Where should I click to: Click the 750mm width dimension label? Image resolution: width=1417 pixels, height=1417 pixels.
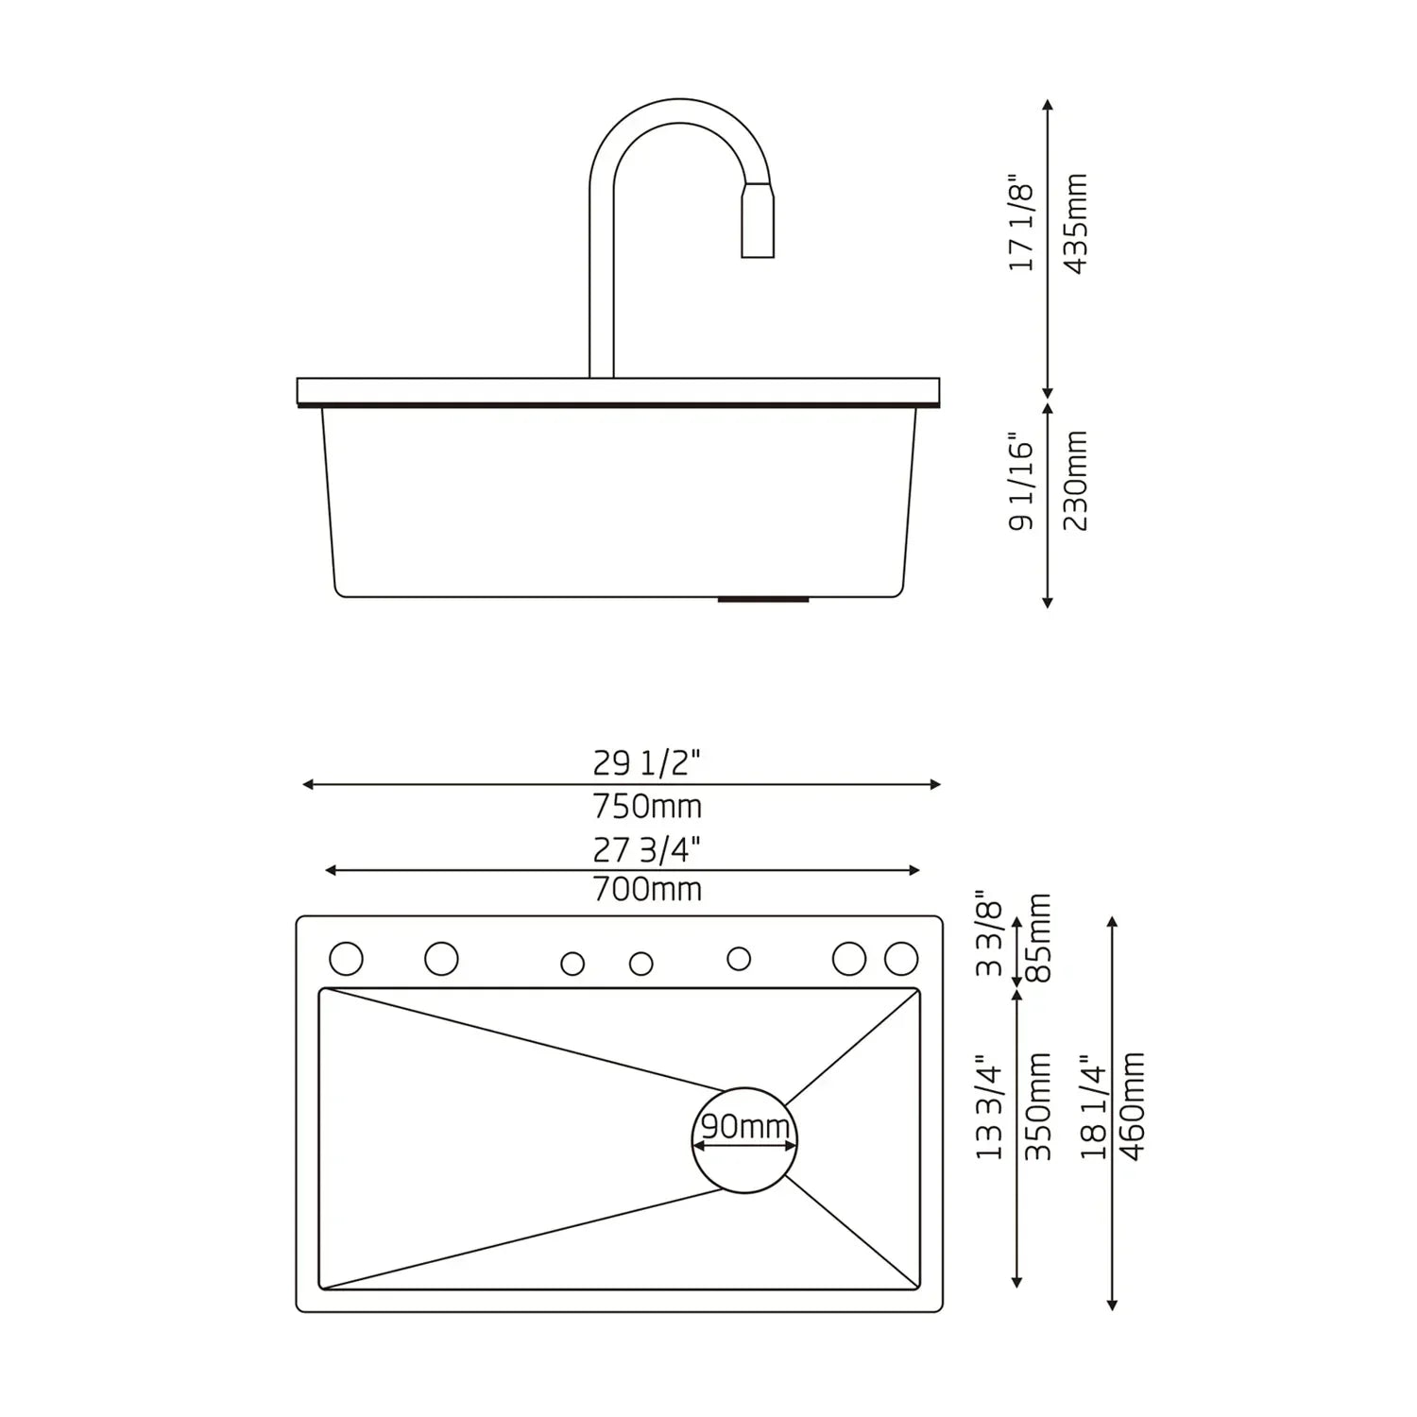click(647, 807)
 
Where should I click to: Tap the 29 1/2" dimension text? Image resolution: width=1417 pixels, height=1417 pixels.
click(647, 762)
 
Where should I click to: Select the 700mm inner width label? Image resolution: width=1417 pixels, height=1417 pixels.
click(647, 890)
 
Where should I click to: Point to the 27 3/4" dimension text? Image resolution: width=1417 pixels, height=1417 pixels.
click(647, 850)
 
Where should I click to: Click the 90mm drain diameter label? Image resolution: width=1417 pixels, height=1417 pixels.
click(744, 1127)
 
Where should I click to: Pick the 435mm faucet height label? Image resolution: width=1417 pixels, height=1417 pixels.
click(1076, 224)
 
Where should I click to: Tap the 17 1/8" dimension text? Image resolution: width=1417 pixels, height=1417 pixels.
click(1022, 224)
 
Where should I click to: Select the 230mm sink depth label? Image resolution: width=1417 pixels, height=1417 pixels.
click(1076, 481)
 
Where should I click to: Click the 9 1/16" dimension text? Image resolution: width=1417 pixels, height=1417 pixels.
click(1022, 483)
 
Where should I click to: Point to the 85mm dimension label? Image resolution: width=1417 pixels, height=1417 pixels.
click(1039, 937)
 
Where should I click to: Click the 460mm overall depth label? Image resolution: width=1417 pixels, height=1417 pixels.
click(1132, 1106)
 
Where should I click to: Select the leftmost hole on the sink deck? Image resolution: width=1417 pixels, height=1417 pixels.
click(347, 958)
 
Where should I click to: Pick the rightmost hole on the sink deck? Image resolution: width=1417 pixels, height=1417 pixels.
click(901, 958)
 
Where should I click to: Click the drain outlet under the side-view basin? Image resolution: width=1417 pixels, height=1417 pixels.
click(763, 599)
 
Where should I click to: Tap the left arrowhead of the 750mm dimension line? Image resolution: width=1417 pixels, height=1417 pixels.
click(307, 784)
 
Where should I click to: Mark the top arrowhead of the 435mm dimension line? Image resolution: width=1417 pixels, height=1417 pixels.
click(1047, 105)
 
